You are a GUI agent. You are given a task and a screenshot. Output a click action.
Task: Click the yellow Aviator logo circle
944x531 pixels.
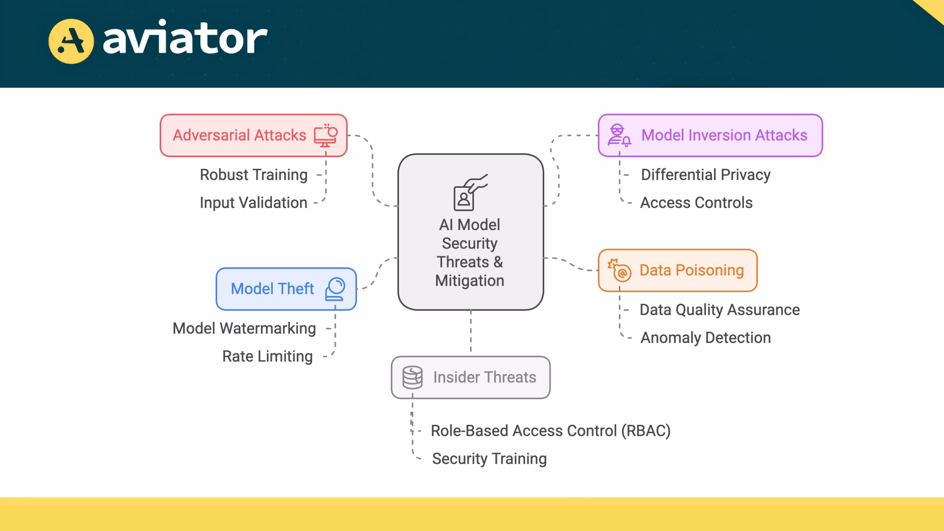click(x=71, y=41)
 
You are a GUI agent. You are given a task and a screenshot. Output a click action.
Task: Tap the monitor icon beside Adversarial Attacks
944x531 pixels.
click(x=326, y=135)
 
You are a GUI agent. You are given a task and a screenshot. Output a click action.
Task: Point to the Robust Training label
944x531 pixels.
click(x=253, y=175)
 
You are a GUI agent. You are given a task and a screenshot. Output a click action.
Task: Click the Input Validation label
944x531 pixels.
click(x=253, y=203)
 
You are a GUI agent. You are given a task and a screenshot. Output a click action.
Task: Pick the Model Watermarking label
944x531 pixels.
click(x=244, y=328)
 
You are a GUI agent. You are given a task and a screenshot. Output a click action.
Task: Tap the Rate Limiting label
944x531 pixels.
click(x=267, y=356)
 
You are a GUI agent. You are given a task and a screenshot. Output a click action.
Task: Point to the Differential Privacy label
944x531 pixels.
click(x=705, y=175)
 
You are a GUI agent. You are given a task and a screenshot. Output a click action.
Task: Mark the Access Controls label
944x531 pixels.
click(x=696, y=203)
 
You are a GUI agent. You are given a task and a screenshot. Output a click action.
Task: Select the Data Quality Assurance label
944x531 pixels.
click(x=719, y=310)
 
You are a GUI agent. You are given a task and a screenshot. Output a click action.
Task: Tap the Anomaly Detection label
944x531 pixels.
click(x=705, y=338)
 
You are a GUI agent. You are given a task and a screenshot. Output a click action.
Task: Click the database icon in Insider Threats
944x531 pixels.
click(x=412, y=377)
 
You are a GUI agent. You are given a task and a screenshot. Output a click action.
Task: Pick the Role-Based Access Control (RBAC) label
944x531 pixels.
click(x=550, y=431)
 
